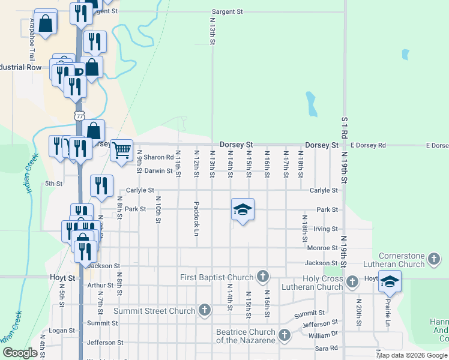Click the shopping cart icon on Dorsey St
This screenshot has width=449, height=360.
pyautogui.click(x=121, y=150)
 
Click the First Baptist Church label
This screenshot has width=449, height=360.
pyautogui.click(x=217, y=277)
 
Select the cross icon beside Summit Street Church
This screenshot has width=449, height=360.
pyautogui.click(x=204, y=311)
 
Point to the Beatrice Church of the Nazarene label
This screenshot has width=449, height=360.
pyautogui.click(x=246, y=336)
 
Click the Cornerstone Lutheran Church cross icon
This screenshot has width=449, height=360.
pyautogui.click(x=434, y=260)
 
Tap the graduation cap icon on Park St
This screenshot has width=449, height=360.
pyautogui.click(x=242, y=209)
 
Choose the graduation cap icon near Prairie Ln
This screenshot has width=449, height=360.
pyautogui.click(x=390, y=281)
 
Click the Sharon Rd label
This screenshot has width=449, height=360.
pyautogui.click(x=158, y=157)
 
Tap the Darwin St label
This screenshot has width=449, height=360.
pyautogui.click(x=158, y=170)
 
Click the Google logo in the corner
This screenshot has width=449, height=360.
pyautogui.click(x=19, y=353)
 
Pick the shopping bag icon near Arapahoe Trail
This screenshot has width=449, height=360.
pyautogui.click(x=45, y=24)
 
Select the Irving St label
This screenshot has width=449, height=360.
pyautogui.click(x=326, y=229)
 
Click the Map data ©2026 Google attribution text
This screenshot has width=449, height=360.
pyautogui.click(x=412, y=355)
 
